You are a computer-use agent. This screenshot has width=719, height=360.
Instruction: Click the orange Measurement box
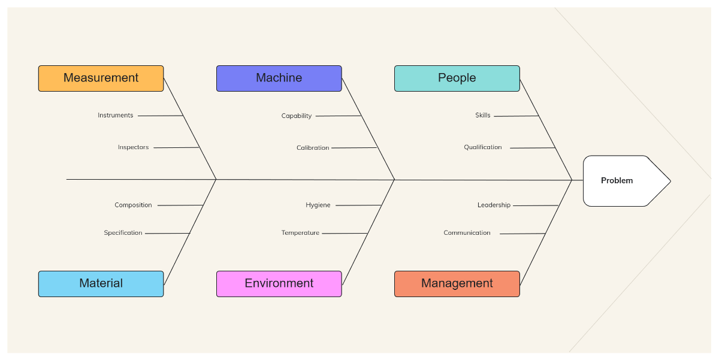[101, 78]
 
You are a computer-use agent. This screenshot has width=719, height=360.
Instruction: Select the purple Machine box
[279, 78]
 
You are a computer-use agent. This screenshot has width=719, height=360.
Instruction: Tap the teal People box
[457, 78]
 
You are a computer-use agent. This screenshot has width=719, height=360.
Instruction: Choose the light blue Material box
[101, 284]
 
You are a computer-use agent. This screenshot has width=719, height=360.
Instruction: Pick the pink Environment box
[279, 284]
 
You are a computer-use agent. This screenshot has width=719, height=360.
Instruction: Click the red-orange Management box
[457, 284]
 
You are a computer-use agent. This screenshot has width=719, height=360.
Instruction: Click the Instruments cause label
[116, 116]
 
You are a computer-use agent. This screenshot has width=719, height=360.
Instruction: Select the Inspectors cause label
[133, 147]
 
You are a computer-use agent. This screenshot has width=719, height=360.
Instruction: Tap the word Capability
[297, 116]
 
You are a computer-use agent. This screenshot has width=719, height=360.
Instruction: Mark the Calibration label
[313, 148]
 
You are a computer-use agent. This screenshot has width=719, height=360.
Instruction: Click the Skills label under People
[483, 116]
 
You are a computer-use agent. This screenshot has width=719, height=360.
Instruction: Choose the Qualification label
[483, 147]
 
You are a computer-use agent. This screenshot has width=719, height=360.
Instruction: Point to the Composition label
[133, 205]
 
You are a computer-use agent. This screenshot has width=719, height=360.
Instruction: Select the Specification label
[123, 233]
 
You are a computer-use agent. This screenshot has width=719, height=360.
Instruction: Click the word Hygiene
[318, 205]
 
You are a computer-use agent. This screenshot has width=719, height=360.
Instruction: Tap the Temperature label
[300, 233]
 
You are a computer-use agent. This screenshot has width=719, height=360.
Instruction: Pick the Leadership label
[494, 205]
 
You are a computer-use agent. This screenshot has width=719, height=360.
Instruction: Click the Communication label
[467, 233]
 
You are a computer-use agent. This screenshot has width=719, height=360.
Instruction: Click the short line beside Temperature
[345, 234]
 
